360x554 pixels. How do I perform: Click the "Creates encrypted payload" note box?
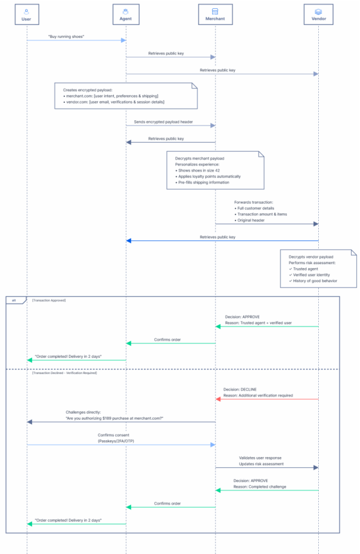coord(126,96)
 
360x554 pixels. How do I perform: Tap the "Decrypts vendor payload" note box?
coord(318,268)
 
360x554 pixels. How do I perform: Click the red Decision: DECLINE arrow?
coord(267,399)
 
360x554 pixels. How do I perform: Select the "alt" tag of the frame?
coord(15,300)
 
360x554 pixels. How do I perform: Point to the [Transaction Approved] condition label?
coord(49,300)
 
